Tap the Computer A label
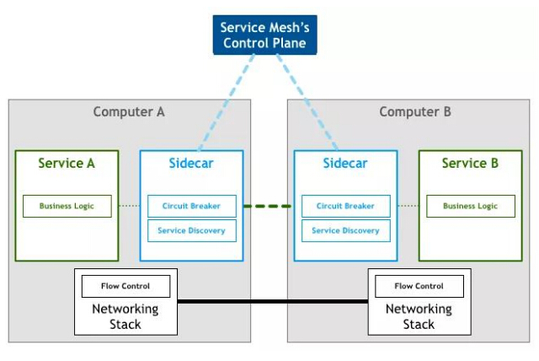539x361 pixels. click(x=129, y=111)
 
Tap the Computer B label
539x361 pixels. click(x=415, y=111)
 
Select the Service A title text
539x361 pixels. click(x=67, y=164)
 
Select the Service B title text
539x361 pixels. click(x=470, y=164)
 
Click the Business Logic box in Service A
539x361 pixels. click(x=67, y=206)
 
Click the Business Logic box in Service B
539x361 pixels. click(x=470, y=206)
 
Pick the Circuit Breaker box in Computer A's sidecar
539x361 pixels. click(x=192, y=206)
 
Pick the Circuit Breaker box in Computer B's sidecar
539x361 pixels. click(x=345, y=206)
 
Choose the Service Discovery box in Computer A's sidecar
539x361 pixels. click(x=192, y=230)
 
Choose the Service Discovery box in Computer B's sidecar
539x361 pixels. click(x=345, y=230)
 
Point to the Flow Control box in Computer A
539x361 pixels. click(x=125, y=286)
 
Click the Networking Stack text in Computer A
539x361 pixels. click(x=125, y=316)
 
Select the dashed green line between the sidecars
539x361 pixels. click(x=268, y=206)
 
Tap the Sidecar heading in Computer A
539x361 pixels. click(x=191, y=164)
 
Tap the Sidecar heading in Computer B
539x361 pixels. click(x=345, y=164)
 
